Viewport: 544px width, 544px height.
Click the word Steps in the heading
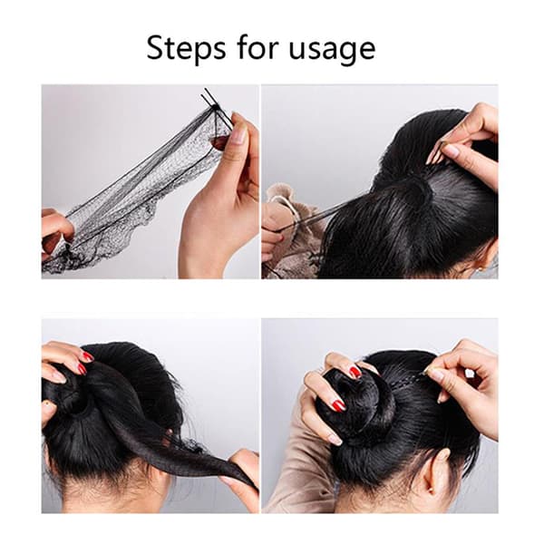click(186, 48)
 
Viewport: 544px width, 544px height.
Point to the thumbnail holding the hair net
click(238, 131)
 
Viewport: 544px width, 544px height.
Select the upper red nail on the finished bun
click(355, 372)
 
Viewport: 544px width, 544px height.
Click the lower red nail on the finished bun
click(338, 404)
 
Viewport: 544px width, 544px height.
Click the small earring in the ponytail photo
click(481, 268)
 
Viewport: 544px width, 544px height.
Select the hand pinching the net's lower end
click(55, 232)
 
